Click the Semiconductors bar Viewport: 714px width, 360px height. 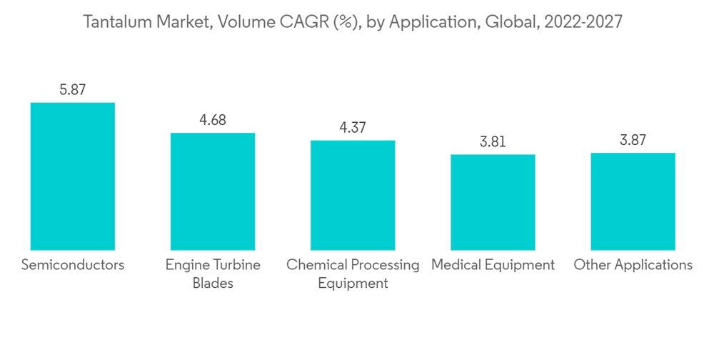click(72, 176)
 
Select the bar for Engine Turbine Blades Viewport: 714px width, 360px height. click(212, 191)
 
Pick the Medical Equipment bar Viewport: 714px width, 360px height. click(493, 202)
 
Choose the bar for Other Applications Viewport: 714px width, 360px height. click(633, 201)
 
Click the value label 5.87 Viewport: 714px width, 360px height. click(72, 90)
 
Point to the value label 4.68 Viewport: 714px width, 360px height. click(212, 120)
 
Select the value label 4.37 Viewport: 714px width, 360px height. click(352, 128)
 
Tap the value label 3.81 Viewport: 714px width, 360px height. click(493, 141)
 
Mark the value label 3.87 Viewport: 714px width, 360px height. click(633, 141)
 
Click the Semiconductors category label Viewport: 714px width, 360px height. click(73, 265)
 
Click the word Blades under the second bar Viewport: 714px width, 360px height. click(213, 284)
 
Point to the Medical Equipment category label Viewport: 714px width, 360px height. click(493, 265)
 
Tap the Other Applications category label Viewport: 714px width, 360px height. click(633, 265)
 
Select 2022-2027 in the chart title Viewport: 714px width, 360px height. click(583, 22)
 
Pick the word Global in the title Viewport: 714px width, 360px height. click(511, 22)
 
